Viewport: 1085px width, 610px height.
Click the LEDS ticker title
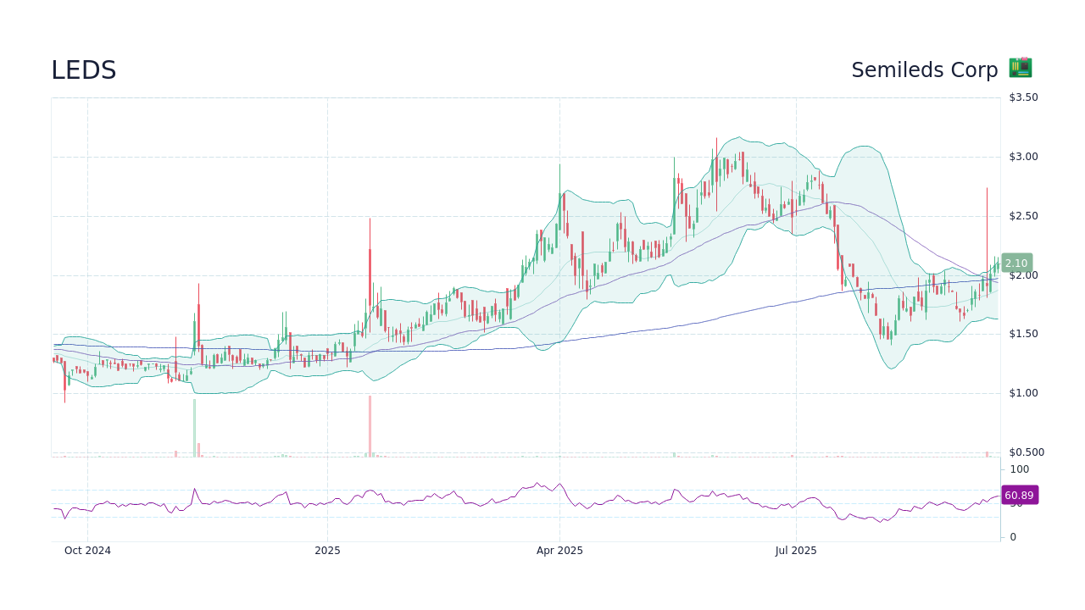point(83,70)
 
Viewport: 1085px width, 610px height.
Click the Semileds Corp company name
point(924,70)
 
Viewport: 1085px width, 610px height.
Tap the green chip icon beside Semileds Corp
point(1020,69)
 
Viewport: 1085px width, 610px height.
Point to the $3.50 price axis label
point(1023,97)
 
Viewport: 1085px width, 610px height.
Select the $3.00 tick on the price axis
point(1023,157)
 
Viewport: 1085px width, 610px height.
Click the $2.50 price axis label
point(1023,216)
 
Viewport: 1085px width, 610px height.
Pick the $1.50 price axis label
point(1023,334)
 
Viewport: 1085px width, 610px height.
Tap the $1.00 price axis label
point(1023,393)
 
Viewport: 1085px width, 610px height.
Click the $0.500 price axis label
point(1026,452)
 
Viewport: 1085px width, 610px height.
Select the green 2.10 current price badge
point(1016,263)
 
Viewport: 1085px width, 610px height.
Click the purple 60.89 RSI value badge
point(1019,496)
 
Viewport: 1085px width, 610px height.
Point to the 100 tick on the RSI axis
point(1019,469)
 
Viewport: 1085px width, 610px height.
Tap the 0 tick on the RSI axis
point(1013,537)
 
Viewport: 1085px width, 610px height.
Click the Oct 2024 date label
point(87,551)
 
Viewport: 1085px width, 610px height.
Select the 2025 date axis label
point(327,551)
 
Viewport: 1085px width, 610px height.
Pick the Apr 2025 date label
point(559,551)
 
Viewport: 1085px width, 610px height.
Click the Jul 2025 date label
point(796,551)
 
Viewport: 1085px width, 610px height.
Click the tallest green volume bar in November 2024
point(194,428)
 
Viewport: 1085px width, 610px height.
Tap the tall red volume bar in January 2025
point(370,426)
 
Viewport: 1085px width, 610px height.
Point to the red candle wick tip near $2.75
point(987,189)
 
